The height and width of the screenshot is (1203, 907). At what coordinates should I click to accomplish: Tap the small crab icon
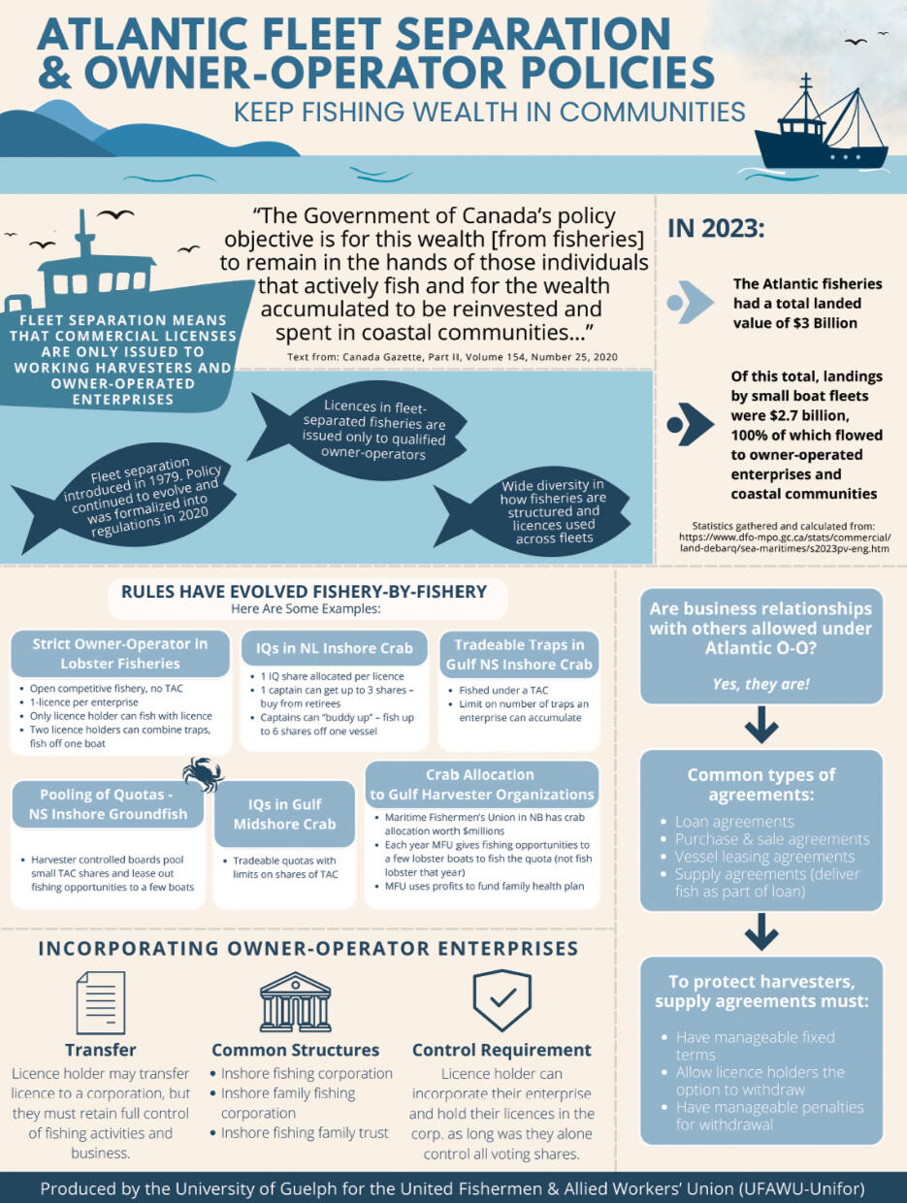click(204, 774)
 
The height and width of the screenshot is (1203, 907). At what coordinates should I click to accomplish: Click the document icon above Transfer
click(100, 1001)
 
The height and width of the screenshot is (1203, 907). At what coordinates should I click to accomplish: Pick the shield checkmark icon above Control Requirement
click(501, 999)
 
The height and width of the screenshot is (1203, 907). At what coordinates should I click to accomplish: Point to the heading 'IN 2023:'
click(716, 229)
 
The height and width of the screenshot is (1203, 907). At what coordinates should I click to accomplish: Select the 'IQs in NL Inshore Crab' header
click(335, 648)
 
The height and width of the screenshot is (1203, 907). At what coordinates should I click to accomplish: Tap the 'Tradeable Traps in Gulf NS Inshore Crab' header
click(518, 654)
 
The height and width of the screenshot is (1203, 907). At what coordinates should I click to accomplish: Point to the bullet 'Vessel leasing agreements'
click(765, 857)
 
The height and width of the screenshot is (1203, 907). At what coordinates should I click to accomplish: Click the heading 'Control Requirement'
click(502, 1050)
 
